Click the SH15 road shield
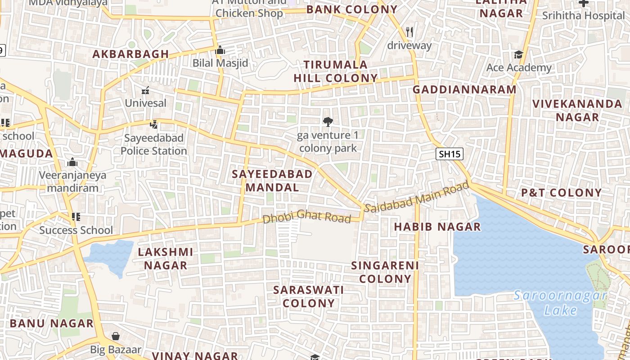[x=450, y=154]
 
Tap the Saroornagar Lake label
[x=560, y=303]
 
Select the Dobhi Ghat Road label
[x=306, y=217]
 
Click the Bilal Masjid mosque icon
[x=220, y=50]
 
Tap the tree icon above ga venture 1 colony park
[x=328, y=121]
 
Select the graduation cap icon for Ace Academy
[x=518, y=55]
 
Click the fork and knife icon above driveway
[x=409, y=32]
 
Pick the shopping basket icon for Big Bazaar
[x=116, y=336]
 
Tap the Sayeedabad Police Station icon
[x=154, y=124]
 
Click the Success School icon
[x=76, y=217]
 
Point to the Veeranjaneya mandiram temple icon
[x=72, y=162]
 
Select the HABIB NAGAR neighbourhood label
[x=437, y=227]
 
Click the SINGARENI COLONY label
[x=385, y=272]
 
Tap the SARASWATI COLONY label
[x=309, y=297]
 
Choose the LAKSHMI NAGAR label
[x=165, y=258]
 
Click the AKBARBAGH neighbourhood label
[x=130, y=54]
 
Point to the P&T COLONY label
[x=561, y=193]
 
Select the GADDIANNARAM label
[x=464, y=90]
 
